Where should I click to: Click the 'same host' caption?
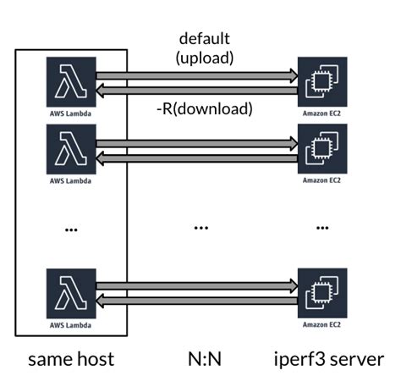71,360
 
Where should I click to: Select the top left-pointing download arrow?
199,88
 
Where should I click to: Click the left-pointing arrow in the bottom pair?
199,299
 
